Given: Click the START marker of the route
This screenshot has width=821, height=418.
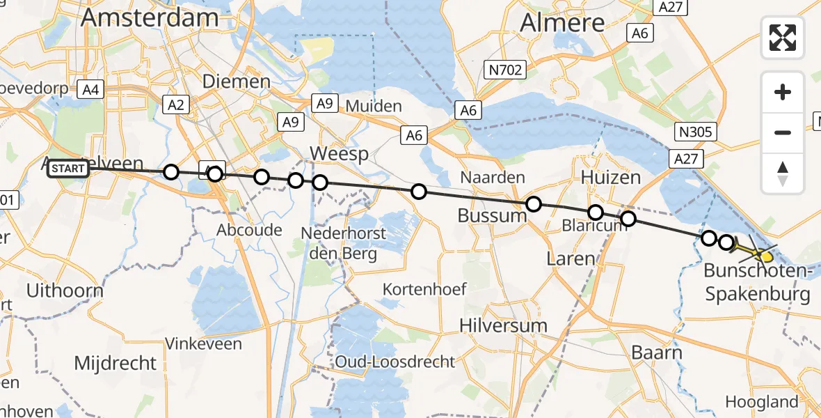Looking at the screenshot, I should [x=68, y=169].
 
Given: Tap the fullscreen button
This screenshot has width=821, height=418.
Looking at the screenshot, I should [x=783, y=38].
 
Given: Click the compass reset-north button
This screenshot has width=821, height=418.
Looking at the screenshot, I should [x=783, y=173].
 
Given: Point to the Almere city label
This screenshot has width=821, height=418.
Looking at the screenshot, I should [x=563, y=23].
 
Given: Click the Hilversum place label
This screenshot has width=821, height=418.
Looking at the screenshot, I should [x=503, y=325].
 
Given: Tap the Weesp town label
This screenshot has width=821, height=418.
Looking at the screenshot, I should [x=339, y=154].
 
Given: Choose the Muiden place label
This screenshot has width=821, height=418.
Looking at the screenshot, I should [x=373, y=107].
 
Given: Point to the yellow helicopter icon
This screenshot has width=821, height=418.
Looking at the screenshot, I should [x=763, y=254].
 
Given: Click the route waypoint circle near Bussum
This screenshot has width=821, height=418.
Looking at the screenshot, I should [x=534, y=204].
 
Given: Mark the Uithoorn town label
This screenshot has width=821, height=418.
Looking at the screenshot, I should [x=65, y=291].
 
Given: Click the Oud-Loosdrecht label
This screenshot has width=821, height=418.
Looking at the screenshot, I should [x=394, y=362].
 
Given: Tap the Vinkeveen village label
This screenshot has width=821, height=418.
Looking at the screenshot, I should [x=203, y=343].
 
